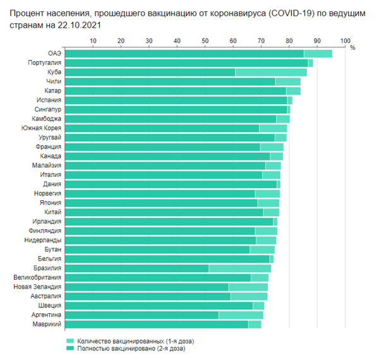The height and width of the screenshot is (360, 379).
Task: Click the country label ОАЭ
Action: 54,54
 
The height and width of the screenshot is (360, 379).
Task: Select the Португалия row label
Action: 45,63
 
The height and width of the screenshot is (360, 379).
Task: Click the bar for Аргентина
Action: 164,315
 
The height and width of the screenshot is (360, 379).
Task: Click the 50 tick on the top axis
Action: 205,41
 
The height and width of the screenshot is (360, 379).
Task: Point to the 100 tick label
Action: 345,41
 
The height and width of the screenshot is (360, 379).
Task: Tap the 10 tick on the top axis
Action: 93,41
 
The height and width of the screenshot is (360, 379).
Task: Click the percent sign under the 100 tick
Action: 352,48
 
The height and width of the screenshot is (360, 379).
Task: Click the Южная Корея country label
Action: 42,128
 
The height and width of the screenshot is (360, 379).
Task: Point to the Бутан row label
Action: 53,249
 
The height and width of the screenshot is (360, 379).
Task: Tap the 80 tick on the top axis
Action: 289,41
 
